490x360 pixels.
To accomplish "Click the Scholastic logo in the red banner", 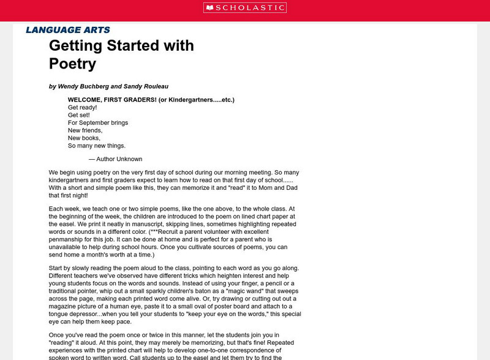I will tap(245, 7).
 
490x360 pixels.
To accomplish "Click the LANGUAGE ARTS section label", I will tap(68, 29).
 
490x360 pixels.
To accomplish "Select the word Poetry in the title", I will tap(73, 64).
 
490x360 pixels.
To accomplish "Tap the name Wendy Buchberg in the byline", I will tap(81, 86).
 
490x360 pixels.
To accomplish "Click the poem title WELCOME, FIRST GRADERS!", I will tap(111, 99).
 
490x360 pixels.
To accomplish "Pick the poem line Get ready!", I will tap(82, 107).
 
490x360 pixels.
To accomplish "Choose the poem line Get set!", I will tap(78, 114).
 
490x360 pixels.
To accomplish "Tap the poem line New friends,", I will tap(85, 130).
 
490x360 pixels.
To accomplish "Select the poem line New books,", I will tap(83, 138).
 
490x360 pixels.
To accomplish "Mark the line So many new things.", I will tap(96, 146).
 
